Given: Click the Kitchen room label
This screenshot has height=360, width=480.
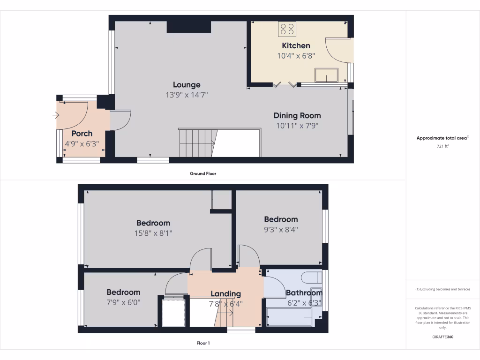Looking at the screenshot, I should (296, 45).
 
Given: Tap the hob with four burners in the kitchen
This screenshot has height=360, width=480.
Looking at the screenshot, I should (287, 29).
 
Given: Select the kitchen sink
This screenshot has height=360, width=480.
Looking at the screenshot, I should (327, 75).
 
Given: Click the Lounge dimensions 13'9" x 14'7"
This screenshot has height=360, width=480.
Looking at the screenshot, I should (187, 95).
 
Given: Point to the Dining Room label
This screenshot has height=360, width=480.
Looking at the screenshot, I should (297, 115).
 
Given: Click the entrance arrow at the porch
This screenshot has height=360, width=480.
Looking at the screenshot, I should (56, 115).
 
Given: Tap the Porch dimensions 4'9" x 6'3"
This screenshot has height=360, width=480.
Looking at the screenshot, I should (82, 144).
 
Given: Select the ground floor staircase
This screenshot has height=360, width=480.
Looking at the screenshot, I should (197, 142).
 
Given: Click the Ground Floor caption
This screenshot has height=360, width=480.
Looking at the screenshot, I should (202, 173).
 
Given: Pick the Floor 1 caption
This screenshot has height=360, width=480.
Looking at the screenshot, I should (202, 343).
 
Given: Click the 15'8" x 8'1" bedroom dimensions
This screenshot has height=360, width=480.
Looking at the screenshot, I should (153, 233).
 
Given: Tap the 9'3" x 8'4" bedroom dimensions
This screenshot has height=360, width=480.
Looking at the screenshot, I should (281, 229).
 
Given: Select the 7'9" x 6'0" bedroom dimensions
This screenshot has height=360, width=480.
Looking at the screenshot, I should (123, 302).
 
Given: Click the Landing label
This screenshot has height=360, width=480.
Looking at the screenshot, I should (225, 294).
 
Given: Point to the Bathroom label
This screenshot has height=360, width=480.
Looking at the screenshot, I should (304, 293).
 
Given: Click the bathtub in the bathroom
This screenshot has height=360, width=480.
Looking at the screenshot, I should (289, 317).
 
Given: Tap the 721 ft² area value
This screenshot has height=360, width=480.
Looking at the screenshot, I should (442, 146).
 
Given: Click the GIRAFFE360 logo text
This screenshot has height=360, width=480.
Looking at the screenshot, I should (442, 337).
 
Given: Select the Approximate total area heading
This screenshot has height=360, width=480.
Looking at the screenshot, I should (442, 138).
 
